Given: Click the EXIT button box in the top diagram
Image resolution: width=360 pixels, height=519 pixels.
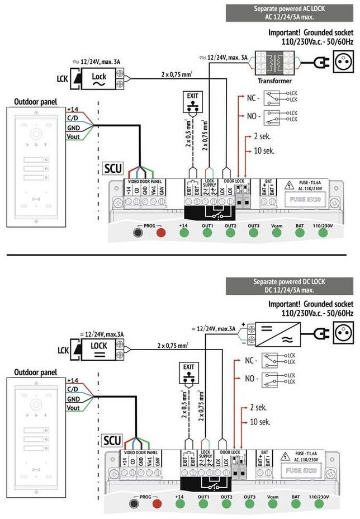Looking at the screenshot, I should [193, 102].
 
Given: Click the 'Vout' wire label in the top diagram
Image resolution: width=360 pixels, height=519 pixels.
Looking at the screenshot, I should [73, 136].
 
